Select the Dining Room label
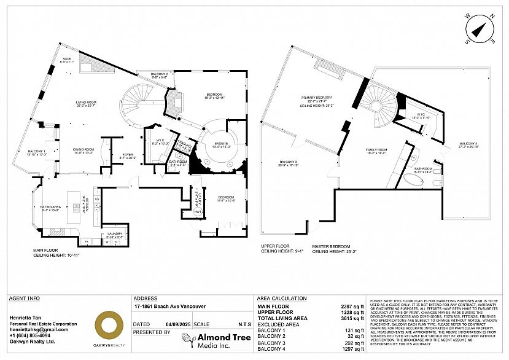tap(84, 151)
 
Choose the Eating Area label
tap(51, 208)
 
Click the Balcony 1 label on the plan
tap(37, 153)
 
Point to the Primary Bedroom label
tap(316, 99)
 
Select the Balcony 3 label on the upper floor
tap(287, 163)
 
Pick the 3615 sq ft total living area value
tap(352, 316)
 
